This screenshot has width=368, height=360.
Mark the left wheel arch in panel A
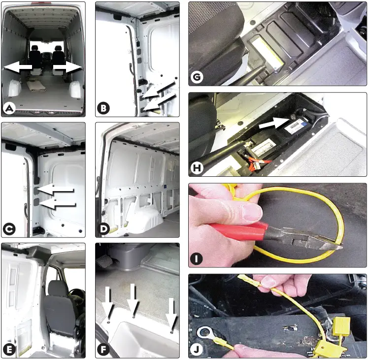[x=14, y=89]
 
